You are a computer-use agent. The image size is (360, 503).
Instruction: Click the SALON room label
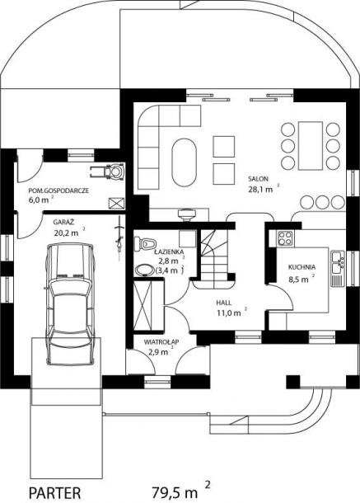click(x=258, y=179)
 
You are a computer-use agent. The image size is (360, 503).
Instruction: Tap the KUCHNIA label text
click(x=302, y=267)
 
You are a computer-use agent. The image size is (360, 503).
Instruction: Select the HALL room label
click(x=224, y=303)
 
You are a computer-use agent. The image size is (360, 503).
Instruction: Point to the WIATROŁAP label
click(x=161, y=341)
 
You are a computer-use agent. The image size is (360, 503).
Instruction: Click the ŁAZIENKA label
click(x=169, y=251)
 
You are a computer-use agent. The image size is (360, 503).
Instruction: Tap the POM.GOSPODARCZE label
click(x=58, y=190)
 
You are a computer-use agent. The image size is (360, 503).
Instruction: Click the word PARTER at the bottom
click(x=55, y=493)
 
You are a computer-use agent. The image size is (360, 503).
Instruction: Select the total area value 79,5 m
click(x=175, y=491)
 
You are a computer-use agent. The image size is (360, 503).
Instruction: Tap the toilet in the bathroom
click(x=145, y=243)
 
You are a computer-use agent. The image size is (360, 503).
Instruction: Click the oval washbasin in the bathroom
click(x=145, y=270)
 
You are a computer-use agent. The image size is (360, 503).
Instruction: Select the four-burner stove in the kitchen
click(x=285, y=238)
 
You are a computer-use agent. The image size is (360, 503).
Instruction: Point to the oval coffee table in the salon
click(x=184, y=162)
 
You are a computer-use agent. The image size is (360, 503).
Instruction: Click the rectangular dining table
click(x=310, y=146)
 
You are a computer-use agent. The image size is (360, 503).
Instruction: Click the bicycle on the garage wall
click(x=119, y=236)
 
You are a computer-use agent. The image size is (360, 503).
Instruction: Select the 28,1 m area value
click(x=260, y=189)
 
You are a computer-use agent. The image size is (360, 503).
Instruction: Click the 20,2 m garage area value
click(x=66, y=233)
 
